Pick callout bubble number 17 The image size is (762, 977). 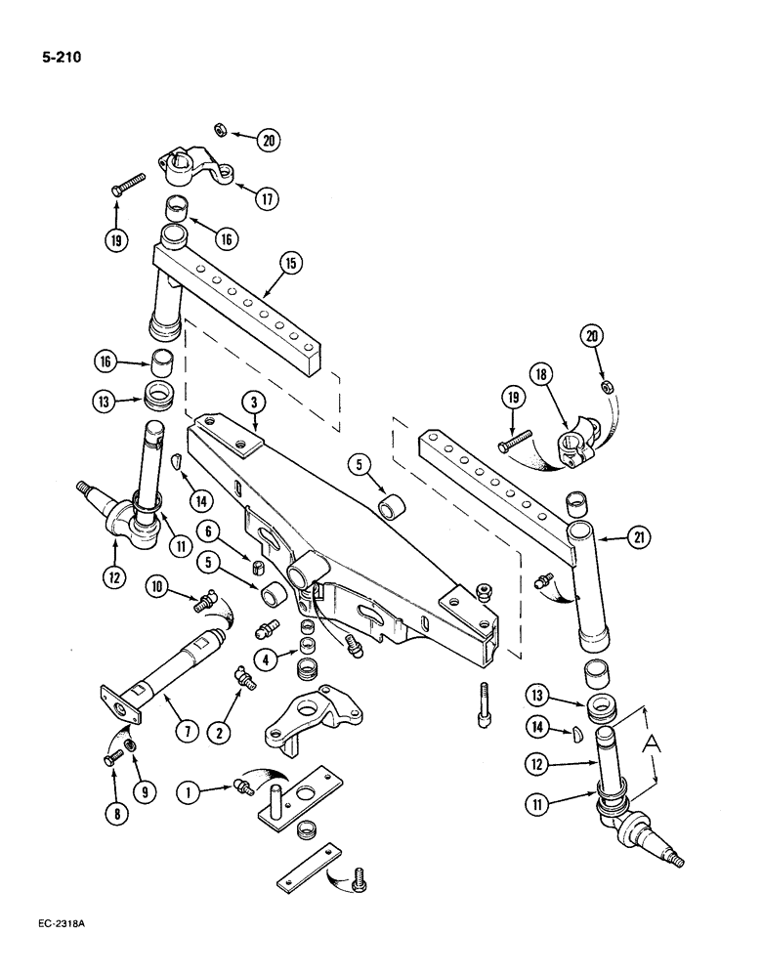[267, 197]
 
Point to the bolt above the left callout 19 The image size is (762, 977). [129, 183]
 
